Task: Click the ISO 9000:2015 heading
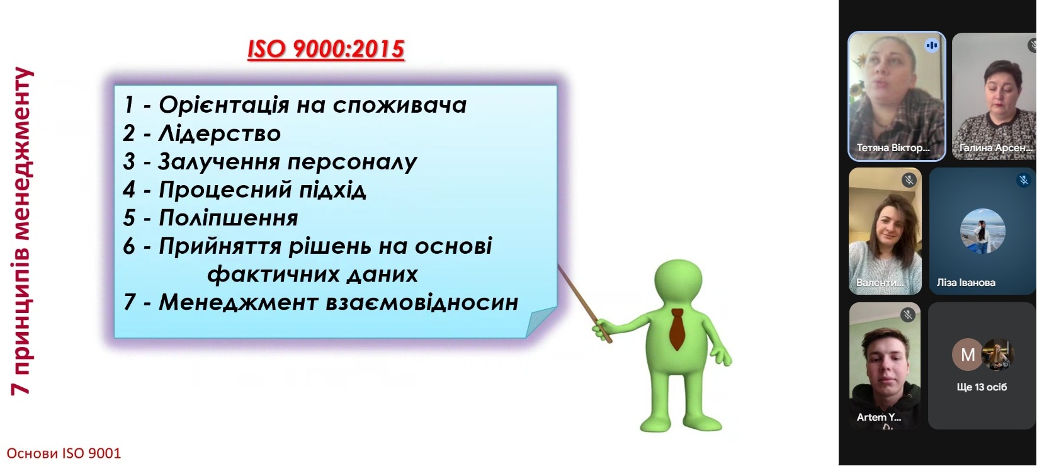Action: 326,49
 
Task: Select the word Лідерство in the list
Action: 220,134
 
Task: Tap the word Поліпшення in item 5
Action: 228,218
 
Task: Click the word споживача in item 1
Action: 400,105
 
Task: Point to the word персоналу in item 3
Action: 353,162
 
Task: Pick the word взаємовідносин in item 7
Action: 422,302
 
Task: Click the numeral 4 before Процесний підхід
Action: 129,190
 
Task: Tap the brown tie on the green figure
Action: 677,329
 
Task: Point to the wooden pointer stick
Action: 585,304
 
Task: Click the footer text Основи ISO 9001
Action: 64,453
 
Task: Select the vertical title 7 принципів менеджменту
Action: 22,230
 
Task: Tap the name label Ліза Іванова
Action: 966,283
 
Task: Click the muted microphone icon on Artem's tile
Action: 908,315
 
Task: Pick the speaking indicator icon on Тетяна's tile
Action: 931,45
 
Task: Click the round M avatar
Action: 968,355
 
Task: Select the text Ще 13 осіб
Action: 982,387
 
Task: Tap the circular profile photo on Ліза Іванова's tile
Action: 982,230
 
